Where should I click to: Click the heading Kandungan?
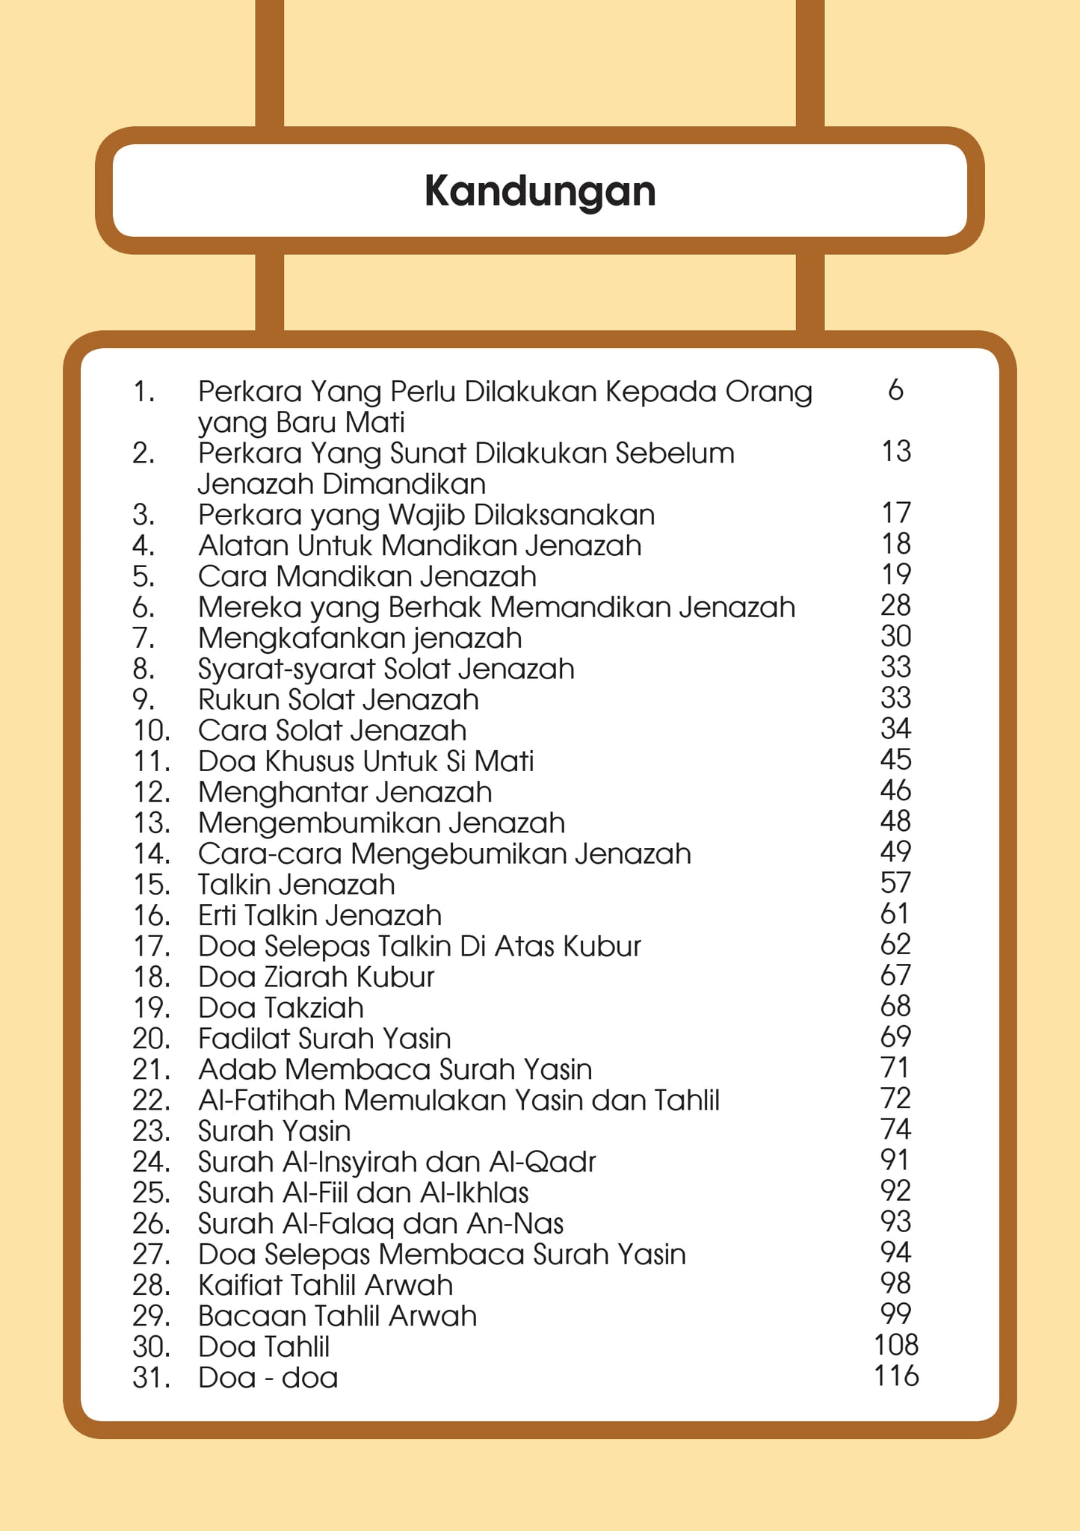540,191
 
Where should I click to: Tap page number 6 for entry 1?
895,390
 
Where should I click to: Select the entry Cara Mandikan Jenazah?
367,576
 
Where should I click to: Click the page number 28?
895,605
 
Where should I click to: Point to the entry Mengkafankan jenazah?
360,638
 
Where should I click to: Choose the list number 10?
151,731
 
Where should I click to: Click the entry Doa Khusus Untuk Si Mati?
365,761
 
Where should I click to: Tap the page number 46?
895,791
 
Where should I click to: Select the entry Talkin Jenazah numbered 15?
296,885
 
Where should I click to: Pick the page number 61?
895,914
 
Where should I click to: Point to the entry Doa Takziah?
280,1008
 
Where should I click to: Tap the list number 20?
151,1039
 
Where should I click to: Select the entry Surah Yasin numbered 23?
274,1131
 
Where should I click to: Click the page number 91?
895,1160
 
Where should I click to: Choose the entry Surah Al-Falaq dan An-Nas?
380,1223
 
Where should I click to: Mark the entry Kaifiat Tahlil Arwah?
325,1285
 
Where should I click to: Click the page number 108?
895,1345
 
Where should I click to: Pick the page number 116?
895,1376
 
